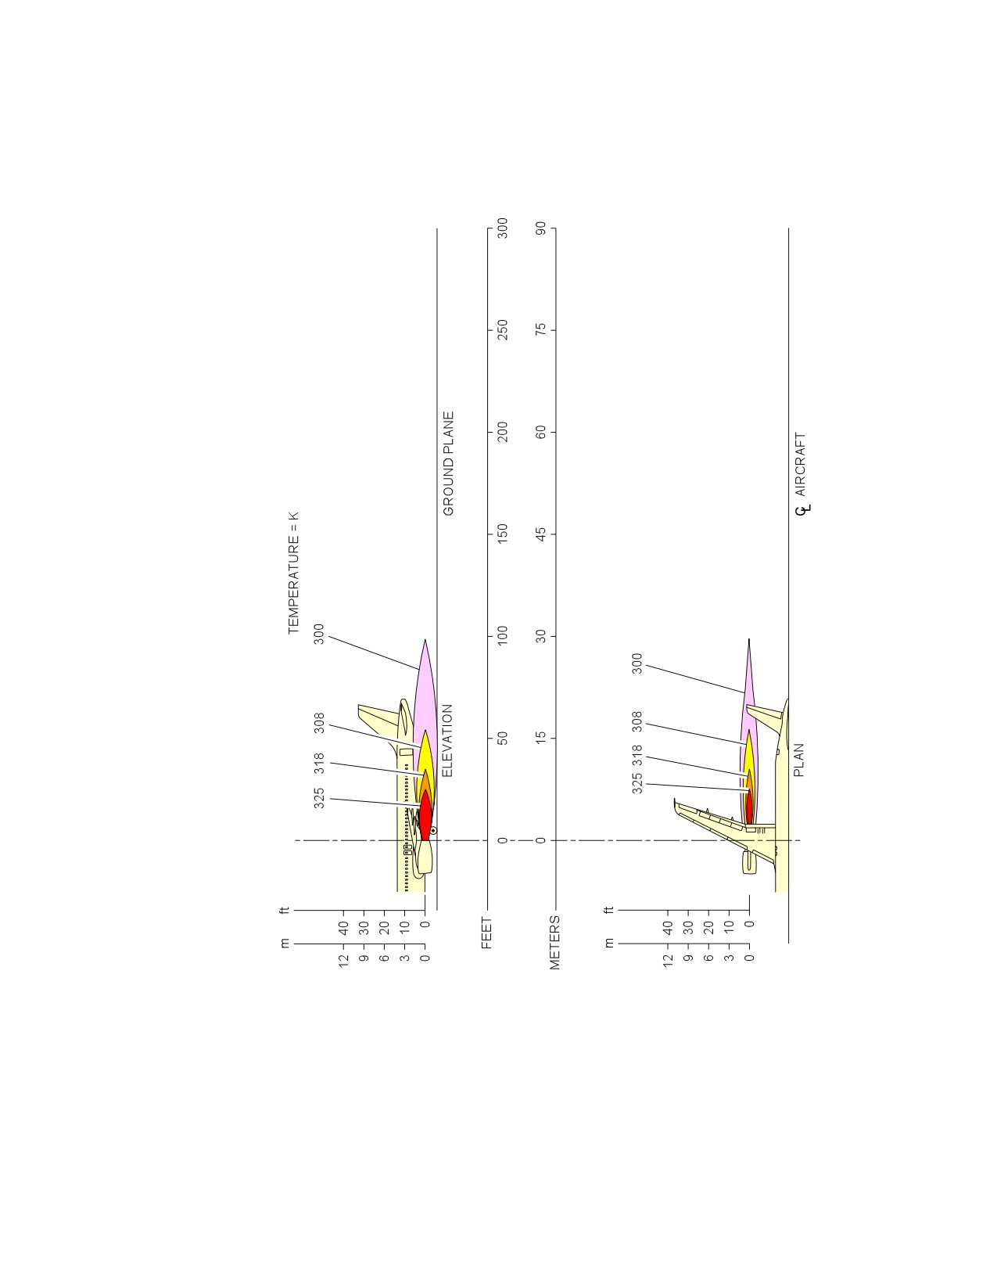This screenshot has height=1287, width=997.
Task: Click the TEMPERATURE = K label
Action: [294, 573]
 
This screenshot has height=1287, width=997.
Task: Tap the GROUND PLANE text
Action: [449, 464]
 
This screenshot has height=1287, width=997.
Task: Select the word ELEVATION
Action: [448, 740]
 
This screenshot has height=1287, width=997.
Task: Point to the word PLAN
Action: [799, 760]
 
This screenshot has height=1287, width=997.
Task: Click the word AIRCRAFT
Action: [800, 465]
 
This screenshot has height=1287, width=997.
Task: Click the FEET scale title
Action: [487, 933]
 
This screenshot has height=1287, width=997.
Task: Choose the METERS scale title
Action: [555, 943]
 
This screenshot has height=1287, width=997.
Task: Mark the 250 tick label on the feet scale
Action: [502, 330]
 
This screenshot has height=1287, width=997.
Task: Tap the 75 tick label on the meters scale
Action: [540, 330]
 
